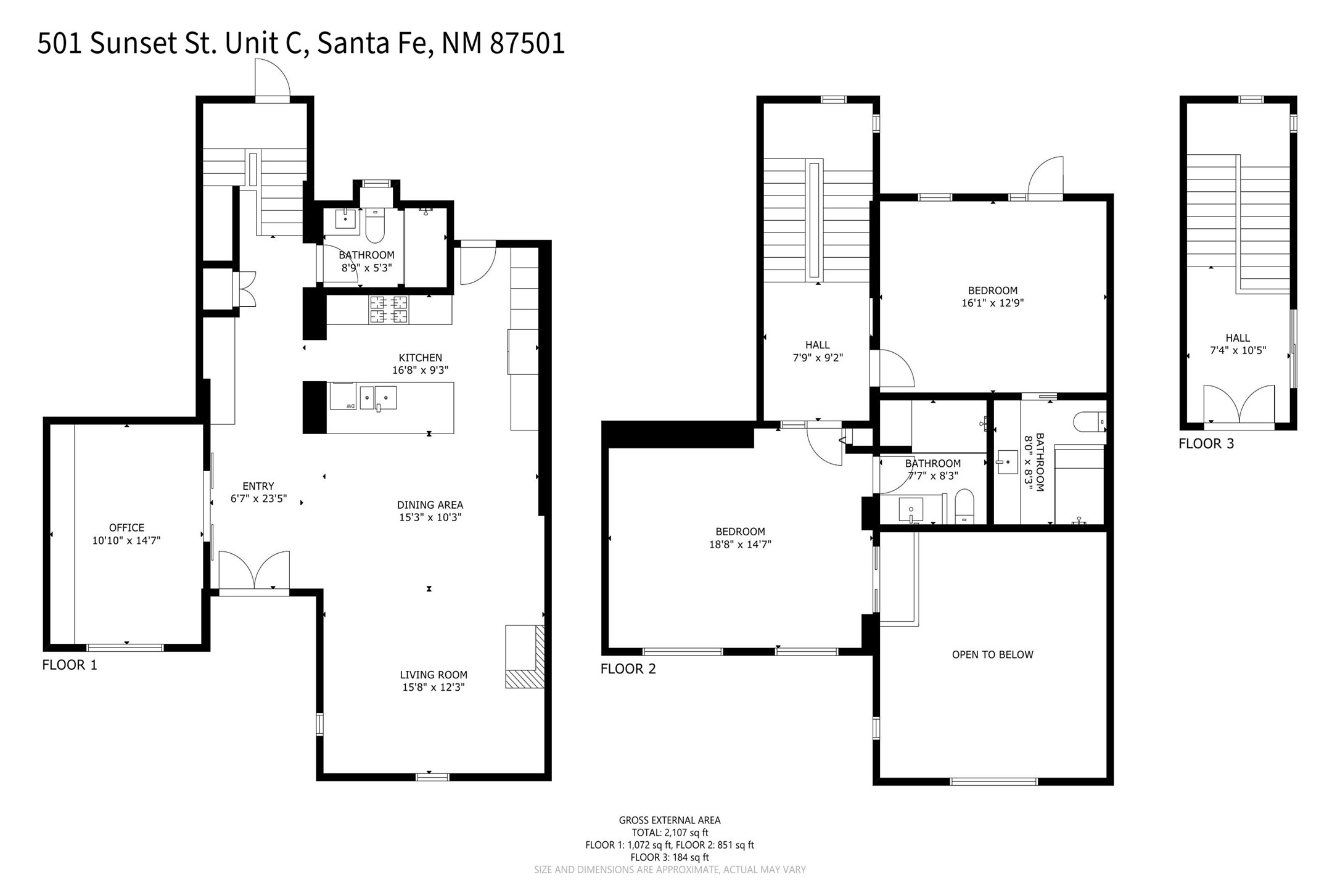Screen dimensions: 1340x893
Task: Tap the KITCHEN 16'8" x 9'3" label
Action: click(x=421, y=364)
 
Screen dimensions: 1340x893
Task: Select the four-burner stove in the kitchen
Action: click(x=388, y=309)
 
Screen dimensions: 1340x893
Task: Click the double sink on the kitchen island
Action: click(x=378, y=398)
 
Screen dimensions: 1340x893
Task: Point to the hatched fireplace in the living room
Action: click(x=525, y=657)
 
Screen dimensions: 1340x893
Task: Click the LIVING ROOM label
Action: click(x=434, y=675)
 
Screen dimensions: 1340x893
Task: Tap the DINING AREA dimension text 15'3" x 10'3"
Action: click(x=430, y=517)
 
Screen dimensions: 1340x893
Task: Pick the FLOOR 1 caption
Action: click(x=70, y=665)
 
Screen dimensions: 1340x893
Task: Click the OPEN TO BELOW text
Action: click(x=992, y=654)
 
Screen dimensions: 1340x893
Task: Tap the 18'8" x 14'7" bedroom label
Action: click(x=740, y=538)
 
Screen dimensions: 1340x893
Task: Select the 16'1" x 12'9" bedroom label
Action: click(x=993, y=297)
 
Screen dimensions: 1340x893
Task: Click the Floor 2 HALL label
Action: click(x=818, y=351)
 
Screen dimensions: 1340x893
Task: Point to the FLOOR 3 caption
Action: click(x=1206, y=443)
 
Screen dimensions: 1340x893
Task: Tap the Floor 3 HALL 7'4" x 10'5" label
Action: click(x=1238, y=344)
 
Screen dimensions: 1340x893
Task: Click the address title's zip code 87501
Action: click(x=527, y=44)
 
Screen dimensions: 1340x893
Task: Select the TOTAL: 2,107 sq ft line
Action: click(x=670, y=833)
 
